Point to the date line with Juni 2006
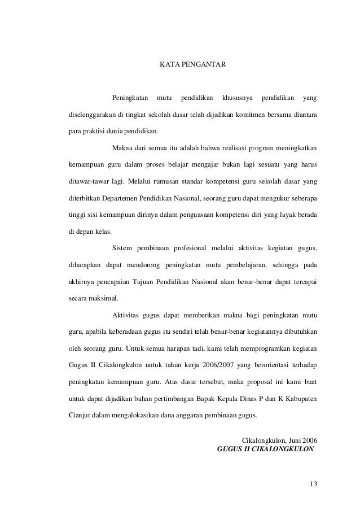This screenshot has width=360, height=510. [279, 440]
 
